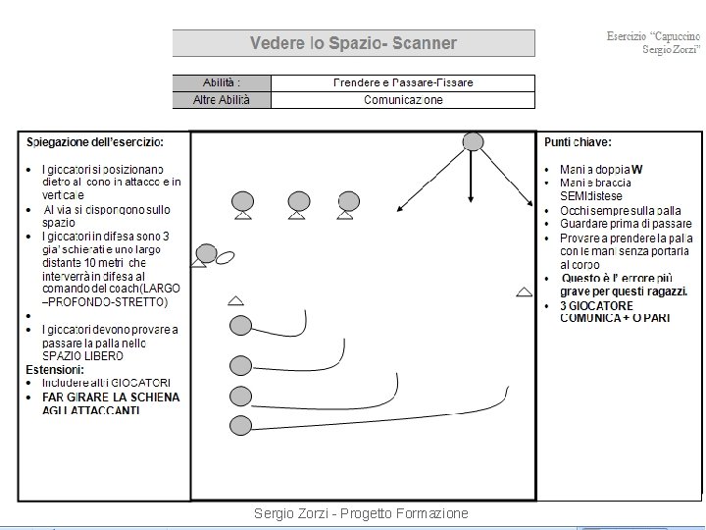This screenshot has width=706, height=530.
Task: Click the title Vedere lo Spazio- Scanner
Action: click(353, 43)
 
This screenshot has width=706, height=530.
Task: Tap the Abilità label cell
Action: click(221, 82)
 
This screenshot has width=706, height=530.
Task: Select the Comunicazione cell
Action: click(403, 99)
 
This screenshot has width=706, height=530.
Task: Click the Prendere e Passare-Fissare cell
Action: click(403, 82)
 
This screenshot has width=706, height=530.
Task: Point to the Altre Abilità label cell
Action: click(221, 99)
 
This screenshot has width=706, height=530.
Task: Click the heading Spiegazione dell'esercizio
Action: click(94, 142)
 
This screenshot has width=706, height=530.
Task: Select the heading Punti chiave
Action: click(580, 142)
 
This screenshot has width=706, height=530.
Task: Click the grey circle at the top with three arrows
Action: click(473, 141)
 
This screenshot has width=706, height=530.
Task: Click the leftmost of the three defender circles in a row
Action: click(241, 201)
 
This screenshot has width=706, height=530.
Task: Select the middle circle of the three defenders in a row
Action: click(298, 201)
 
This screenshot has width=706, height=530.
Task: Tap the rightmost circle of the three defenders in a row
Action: click(346, 201)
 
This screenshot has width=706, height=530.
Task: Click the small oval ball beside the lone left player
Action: click(225, 257)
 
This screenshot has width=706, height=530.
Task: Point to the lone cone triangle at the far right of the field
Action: click(525, 291)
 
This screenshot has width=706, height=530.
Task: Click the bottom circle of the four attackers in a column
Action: click(239, 425)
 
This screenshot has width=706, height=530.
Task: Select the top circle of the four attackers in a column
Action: click(239, 326)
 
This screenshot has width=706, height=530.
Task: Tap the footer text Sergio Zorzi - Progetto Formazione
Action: click(360, 513)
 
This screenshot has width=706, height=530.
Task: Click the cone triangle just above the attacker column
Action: click(235, 299)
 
